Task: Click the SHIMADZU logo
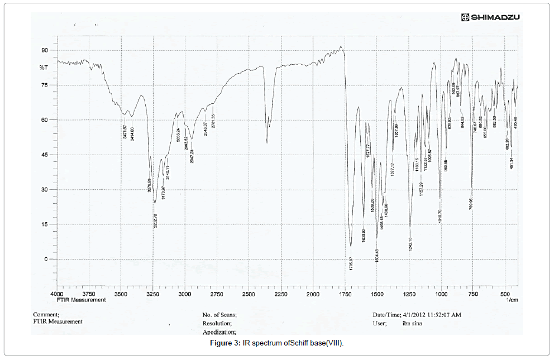tap(490, 17)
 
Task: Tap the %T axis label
tap(44, 67)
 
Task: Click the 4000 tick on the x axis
tap(57, 293)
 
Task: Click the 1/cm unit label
tap(512, 300)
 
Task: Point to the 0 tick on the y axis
tap(46, 259)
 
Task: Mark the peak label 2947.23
tap(192, 152)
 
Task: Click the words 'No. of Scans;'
tap(219, 315)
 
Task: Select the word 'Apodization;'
tap(219, 332)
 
